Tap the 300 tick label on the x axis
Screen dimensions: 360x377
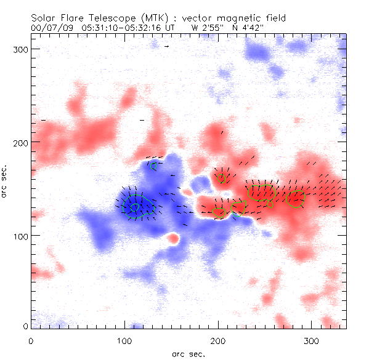click(x=312, y=340)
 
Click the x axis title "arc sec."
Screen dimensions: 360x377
click(x=188, y=353)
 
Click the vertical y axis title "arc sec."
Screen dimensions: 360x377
click(x=4, y=181)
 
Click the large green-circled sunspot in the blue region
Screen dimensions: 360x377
click(x=135, y=206)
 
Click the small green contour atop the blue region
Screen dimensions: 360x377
click(x=154, y=165)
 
